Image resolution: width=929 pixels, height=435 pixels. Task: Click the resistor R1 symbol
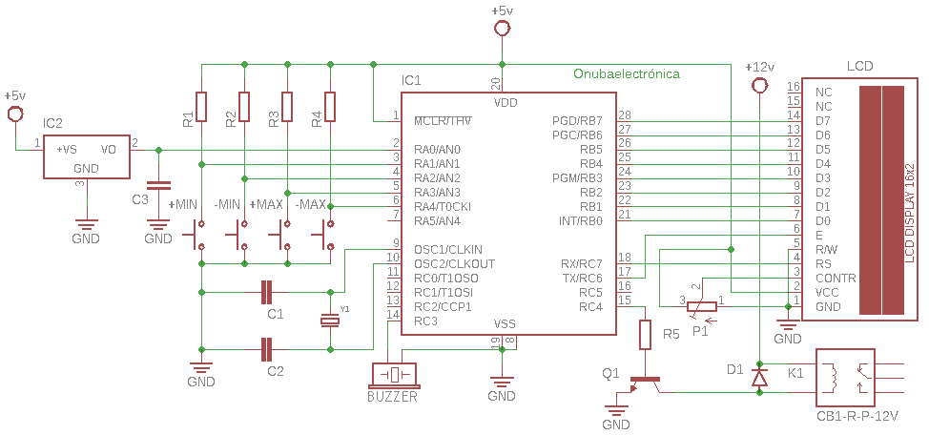click(201, 107)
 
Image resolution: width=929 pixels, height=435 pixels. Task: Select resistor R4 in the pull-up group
click(330, 107)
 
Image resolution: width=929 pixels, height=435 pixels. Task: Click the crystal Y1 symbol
click(330, 321)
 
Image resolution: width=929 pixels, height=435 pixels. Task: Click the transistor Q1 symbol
click(642, 384)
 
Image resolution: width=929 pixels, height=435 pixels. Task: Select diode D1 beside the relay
click(759, 379)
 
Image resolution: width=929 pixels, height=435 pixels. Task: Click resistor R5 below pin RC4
click(645, 335)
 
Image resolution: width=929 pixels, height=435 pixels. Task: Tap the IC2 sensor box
click(86, 156)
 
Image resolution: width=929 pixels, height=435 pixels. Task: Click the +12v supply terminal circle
click(759, 87)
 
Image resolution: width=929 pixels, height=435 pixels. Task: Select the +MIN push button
click(200, 234)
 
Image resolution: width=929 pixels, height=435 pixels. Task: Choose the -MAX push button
click(329, 234)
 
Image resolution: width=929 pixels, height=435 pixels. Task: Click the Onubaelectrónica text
click(627, 73)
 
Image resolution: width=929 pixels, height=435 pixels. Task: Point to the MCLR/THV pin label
click(444, 121)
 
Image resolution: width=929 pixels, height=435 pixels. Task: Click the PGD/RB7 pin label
click(577, 121)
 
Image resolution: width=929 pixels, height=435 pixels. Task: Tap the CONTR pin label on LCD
click(836, 278)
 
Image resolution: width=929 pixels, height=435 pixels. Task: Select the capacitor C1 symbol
click(268, 292)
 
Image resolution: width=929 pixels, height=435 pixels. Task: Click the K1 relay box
click(845, 379)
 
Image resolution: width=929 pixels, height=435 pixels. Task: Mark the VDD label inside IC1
click(506, 101)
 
